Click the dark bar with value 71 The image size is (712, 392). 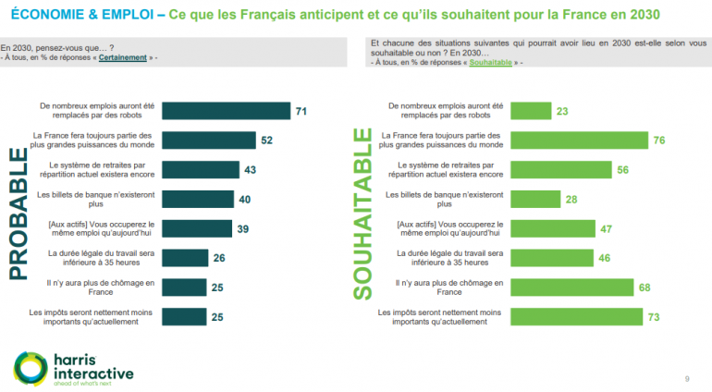pyautogui.click(x=226, y=111)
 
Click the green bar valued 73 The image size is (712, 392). pyautogui.click(x=577, y=317)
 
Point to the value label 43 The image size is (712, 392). pyautogui.click(x=250, y=170)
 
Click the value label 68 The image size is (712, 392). pyautogui.click(x=644, y=288)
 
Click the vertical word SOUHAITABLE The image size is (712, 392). pyautogui.click(x=361, y=214)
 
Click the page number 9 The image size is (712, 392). pyautogui.click(x=686, y=378)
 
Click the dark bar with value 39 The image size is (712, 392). pyautogui.click(x=196, y=229)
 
